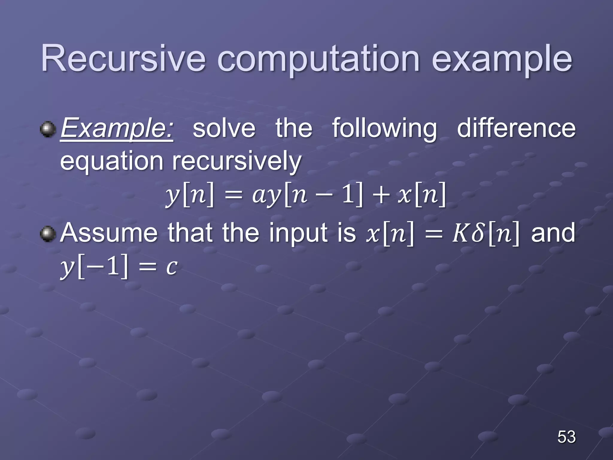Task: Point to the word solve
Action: (x=224, y=128)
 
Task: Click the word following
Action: (x=384, y=128)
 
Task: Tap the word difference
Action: (x=516, y=128)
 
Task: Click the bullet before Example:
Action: (x=48, y=129)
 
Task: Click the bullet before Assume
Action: (x=48, y=234)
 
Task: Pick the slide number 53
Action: (x=566, y=437)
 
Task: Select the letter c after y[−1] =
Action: (x=172, y=267)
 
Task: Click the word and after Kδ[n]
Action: (x=553, y=233)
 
